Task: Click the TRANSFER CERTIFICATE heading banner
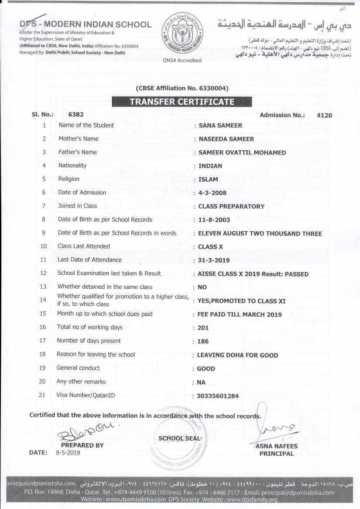182,102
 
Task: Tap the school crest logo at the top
182,34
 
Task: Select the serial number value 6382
76,115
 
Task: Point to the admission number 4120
324,115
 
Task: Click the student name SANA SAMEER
220,125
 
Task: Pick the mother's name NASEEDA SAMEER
226,139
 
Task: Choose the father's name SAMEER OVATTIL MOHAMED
242,152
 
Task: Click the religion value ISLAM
208,179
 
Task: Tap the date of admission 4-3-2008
212,192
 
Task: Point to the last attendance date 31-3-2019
214,260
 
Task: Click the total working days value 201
203,328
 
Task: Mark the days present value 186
203,341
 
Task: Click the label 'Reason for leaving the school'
96,354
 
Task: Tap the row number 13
43,287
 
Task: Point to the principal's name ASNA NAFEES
277,446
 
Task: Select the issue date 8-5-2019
68,452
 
